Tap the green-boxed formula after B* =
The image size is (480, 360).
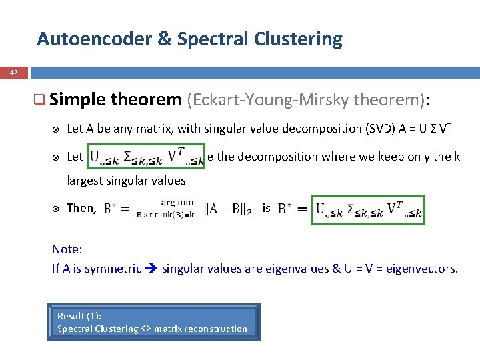pos(368,210)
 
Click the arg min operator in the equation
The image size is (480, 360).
pos(177,202)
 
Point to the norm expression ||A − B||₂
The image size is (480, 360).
pos(227,209)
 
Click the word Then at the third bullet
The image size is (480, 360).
pos(81,208)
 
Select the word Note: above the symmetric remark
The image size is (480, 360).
pos(67,249)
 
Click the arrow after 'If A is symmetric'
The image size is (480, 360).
pos(151,269)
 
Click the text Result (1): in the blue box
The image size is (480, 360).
pos(79,316)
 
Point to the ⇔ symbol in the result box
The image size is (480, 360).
pos(145,329)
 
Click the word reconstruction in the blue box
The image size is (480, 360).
pos(215,329)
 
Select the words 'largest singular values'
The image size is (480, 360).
pos(127,181)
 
